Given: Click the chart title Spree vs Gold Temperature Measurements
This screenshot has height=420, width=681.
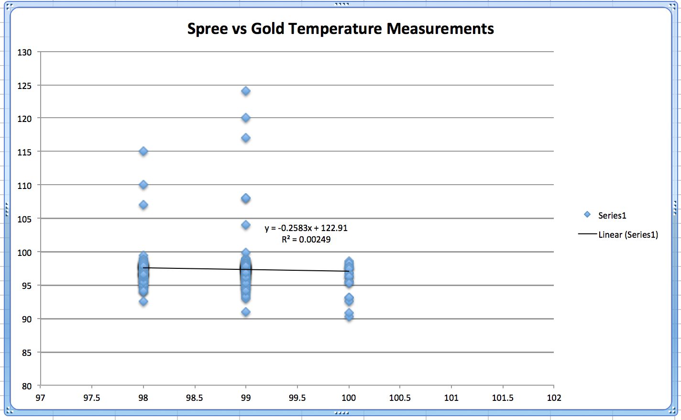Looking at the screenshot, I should tap(340, 29).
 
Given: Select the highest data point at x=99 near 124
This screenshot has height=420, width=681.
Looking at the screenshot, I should tap(246, 91).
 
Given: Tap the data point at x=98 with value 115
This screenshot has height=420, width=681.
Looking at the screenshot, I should tap(143, 152).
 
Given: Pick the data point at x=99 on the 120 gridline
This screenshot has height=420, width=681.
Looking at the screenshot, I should tap(246, 118).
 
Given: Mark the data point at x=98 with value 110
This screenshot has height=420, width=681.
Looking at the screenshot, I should tap(143, 185).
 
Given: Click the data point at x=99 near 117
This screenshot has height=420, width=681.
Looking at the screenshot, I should tap(246, 138).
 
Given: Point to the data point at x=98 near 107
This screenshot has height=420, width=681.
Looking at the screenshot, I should tap(143, 205).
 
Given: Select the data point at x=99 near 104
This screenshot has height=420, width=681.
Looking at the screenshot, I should tap(246, 225).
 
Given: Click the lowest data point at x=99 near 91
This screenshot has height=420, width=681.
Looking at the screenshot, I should tap(246, 312).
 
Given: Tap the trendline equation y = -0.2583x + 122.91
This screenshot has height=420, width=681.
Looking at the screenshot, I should tap(306, 228).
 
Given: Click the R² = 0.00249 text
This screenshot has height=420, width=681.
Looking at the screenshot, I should tap(306, 240).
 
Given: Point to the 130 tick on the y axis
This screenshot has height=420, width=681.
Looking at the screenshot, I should tap(25, 53).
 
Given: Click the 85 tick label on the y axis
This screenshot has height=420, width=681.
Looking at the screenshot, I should tap(27, 353).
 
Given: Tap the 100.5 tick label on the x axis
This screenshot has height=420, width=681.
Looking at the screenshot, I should tap(400, 398).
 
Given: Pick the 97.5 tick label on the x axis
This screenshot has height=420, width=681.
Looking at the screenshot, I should tap(92, 398).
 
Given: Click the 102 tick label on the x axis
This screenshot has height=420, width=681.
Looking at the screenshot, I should tap(554, 398).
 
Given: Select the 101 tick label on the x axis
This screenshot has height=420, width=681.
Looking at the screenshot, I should tap(451, 398).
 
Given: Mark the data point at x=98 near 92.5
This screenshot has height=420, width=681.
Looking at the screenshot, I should tap(143, 301).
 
